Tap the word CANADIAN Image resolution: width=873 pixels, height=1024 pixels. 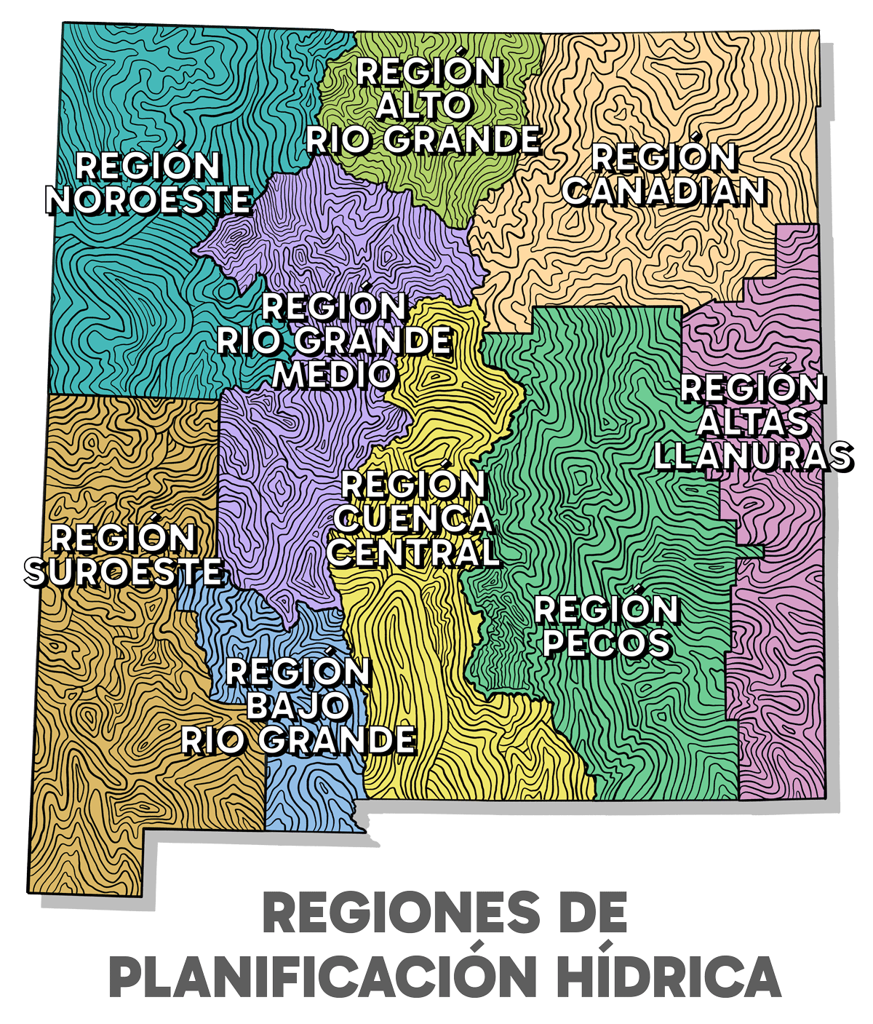point(665,191)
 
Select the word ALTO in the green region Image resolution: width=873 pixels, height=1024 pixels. point(423,106)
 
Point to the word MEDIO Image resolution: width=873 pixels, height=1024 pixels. point(335,375)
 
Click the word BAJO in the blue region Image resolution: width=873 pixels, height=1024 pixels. point(298,706)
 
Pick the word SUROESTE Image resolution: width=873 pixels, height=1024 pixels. point(124,572)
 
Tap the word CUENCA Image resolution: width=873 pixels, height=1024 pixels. point(413,519)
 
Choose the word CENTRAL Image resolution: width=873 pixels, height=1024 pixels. point(413,553)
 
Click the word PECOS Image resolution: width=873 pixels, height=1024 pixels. point(607,644)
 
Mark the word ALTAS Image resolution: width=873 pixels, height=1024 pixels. point(753,422)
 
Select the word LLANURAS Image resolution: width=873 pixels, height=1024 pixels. point(753,456)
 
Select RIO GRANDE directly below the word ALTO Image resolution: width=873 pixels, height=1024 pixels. point(423,140)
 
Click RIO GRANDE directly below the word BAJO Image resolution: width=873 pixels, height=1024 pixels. point(298,740)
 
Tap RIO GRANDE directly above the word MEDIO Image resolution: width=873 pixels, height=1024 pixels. point(335,341)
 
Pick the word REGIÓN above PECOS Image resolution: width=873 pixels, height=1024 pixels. point(607,610)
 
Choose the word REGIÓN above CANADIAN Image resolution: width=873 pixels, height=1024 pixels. point(665,157)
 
